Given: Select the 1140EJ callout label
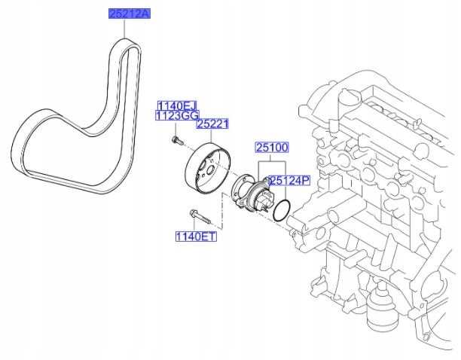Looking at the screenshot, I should point(175,105).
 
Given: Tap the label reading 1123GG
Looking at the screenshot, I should point(175,116).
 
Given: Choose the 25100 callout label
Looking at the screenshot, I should point(272,149).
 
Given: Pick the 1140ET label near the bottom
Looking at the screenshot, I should point(196,237).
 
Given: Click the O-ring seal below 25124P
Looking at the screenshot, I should point(280,211).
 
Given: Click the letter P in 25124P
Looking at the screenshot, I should point(307,181).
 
